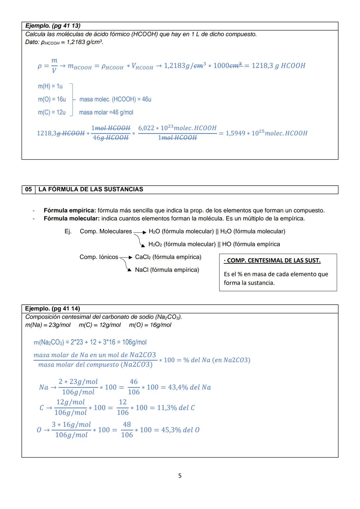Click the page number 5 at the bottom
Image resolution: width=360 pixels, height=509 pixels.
[x=180, y=476]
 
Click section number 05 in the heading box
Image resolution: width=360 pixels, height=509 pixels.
[x=28, y=189]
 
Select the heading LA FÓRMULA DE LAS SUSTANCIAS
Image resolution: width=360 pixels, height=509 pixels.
[x=91, y=189]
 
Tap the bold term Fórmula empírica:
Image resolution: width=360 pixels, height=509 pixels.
[x=70, y=210]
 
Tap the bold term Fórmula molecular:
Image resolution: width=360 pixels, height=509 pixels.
[x=72, y=219]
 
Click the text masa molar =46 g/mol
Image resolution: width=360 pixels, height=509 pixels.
[x=106, y=112]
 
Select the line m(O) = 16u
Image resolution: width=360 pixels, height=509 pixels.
[x=52, y=99]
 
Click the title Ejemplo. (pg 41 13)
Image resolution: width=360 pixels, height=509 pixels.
[x=53, y=26]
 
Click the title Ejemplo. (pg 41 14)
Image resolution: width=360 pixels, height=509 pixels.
[x=53, y=308]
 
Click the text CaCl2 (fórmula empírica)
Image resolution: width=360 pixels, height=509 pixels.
[x=168, y=257]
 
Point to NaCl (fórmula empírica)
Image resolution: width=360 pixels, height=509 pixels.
[x=167, y=270]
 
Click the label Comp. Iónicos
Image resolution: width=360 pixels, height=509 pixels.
[x=99, y=257]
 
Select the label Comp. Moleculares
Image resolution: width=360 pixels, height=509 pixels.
[x=106, y=231]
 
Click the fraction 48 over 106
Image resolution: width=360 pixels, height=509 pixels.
[x=127, y=430]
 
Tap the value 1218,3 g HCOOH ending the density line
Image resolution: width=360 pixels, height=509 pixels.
[x=278, y=66]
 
